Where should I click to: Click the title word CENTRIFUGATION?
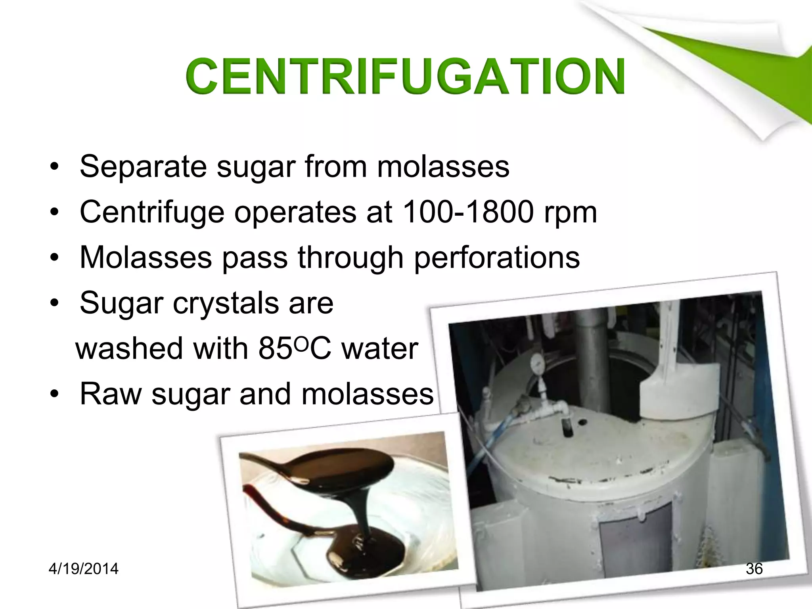[404, 76]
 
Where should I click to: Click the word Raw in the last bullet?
[111, 394]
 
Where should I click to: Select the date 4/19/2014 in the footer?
[83, 569]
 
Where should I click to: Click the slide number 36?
[754, 569]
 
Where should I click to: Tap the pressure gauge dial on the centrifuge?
[537, 362]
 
